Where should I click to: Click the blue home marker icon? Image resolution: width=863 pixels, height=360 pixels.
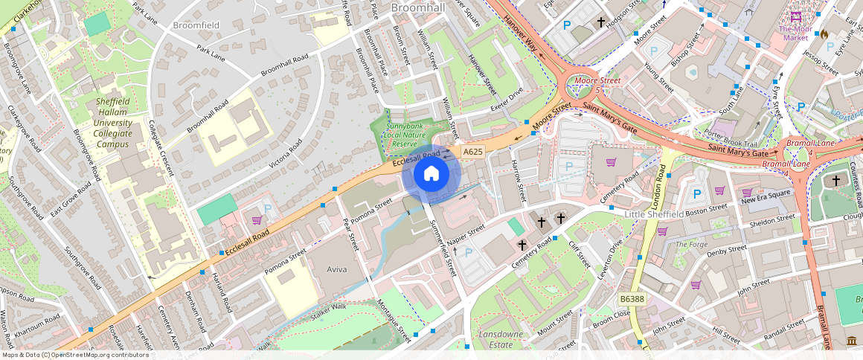(431, 174)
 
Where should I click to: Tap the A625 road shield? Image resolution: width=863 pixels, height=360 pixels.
(472, 152)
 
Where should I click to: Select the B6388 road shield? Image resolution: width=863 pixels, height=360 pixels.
(632, 298)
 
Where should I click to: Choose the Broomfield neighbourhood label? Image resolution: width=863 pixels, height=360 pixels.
(196, 25)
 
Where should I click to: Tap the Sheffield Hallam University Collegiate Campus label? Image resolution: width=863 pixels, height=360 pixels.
(113, 123)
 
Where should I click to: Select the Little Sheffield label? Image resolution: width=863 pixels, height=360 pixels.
(653, 214)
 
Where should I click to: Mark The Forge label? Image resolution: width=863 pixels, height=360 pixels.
(691, 244)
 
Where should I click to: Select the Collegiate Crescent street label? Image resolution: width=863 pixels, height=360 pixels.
(161, 147)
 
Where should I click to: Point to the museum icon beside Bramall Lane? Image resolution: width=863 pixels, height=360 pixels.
(851, 341)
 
